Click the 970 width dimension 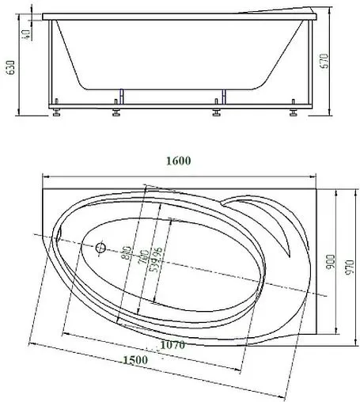(351, 260)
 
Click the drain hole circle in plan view (100, 248)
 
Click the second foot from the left (116, 112)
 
